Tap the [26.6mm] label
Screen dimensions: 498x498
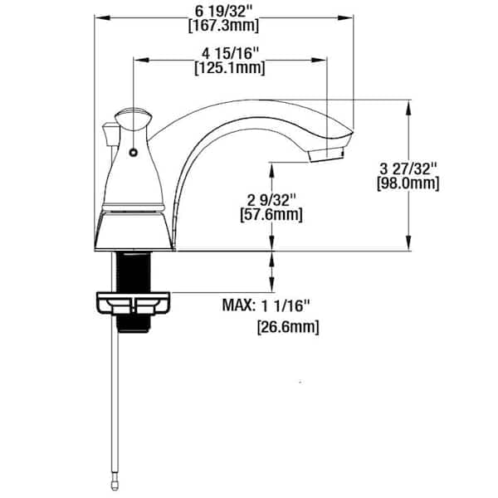pyautogui.click(x=286, y=327)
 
